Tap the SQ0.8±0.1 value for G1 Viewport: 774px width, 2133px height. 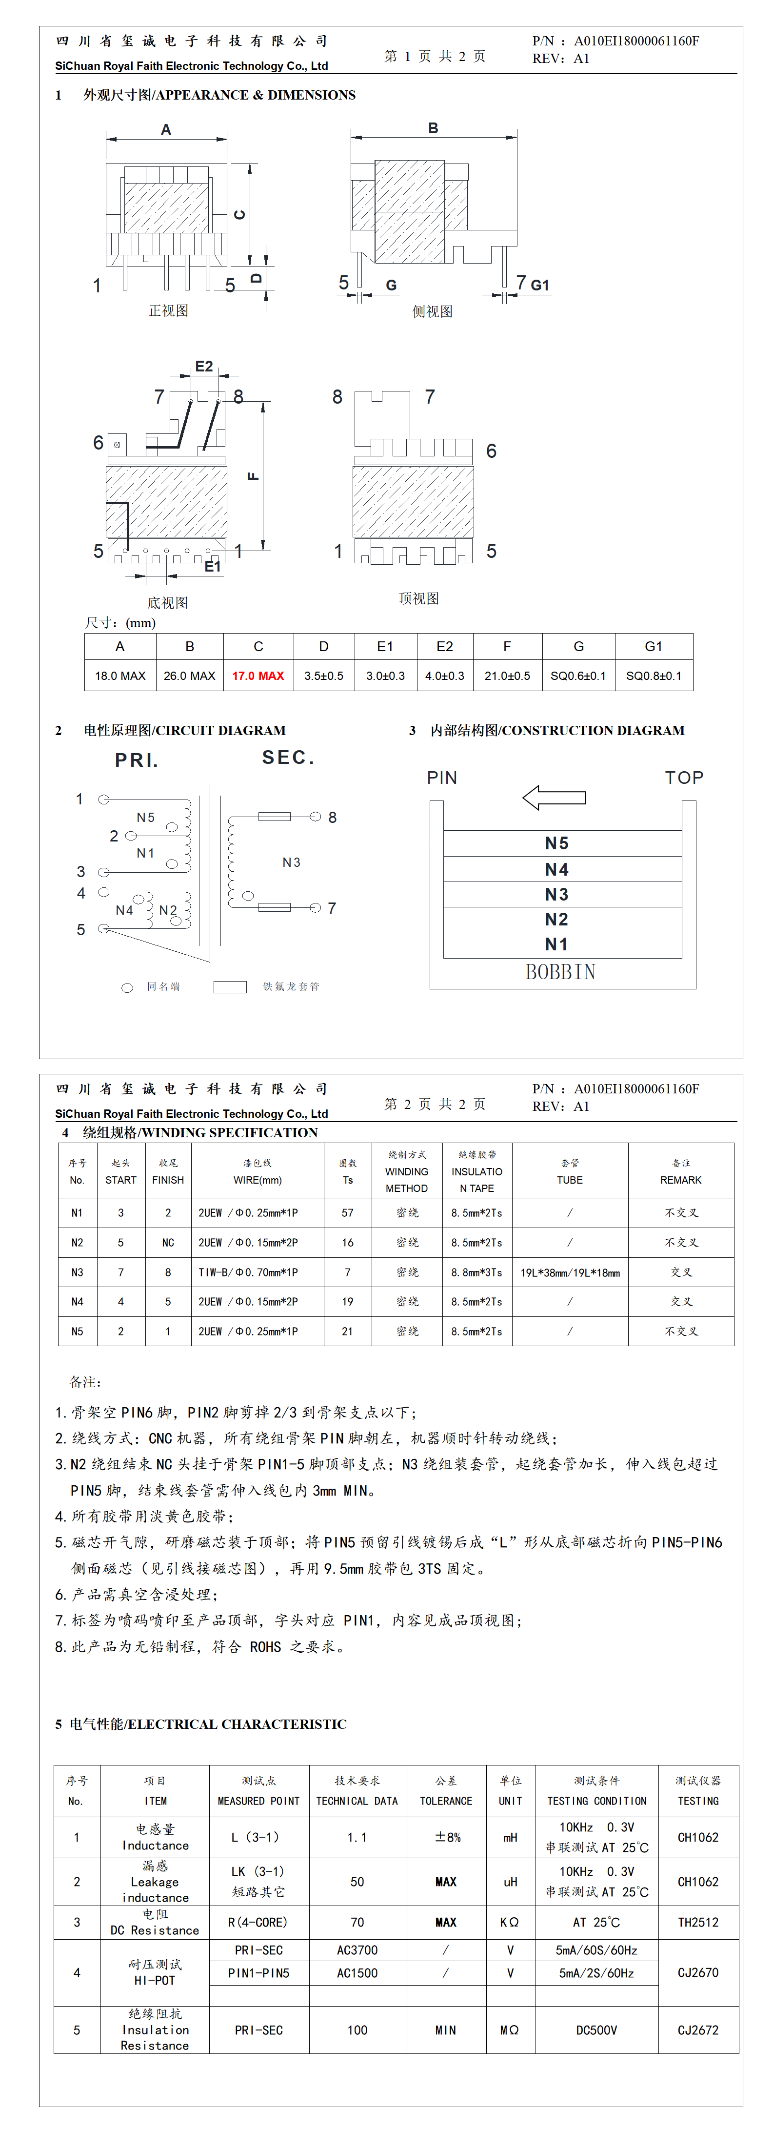(653, 676)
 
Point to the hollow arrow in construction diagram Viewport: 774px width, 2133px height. (554, 798)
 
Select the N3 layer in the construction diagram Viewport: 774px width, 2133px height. (556, 894)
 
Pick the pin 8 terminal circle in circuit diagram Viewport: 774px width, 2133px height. (316, 817)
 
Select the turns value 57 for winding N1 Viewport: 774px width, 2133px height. (348, 1213)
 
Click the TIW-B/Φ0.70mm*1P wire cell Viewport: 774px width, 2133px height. (248, 1272)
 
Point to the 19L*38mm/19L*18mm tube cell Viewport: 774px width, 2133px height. (570, 1272)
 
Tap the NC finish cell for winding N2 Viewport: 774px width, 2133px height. (168, 1243)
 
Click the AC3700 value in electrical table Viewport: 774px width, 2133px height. (357, 1950)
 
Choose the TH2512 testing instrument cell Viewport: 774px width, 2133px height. (698, 1922)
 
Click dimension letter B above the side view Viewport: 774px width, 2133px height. (433, 128)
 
